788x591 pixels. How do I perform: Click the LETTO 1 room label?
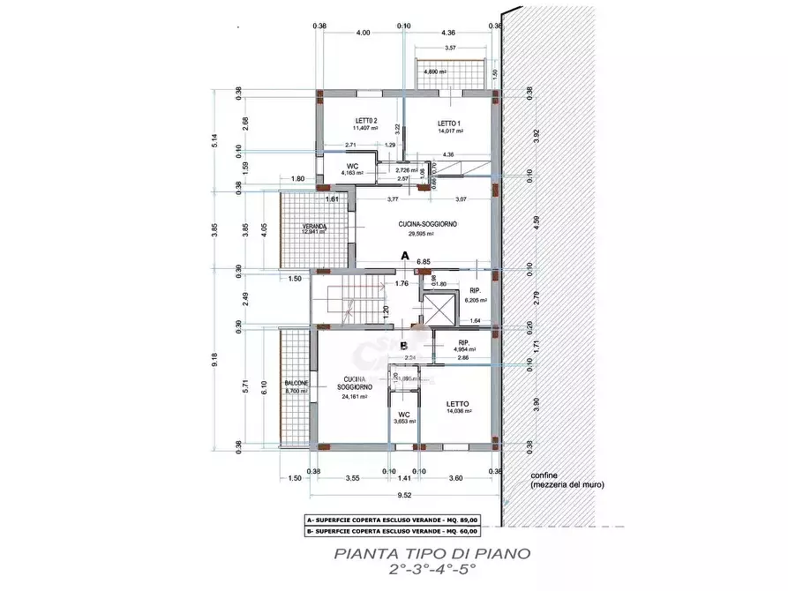pos(449,123)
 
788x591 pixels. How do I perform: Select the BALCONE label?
pos(296,384)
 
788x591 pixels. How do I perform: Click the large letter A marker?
pos(405,256)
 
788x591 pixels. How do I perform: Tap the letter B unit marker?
pos(402,345)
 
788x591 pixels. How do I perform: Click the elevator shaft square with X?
pos(438,310)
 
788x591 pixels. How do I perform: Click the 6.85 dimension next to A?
pos(424,262)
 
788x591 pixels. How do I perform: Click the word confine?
pos(544,475)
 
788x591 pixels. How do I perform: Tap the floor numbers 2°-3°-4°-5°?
pos(432,570)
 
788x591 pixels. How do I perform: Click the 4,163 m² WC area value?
pos(351,174)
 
